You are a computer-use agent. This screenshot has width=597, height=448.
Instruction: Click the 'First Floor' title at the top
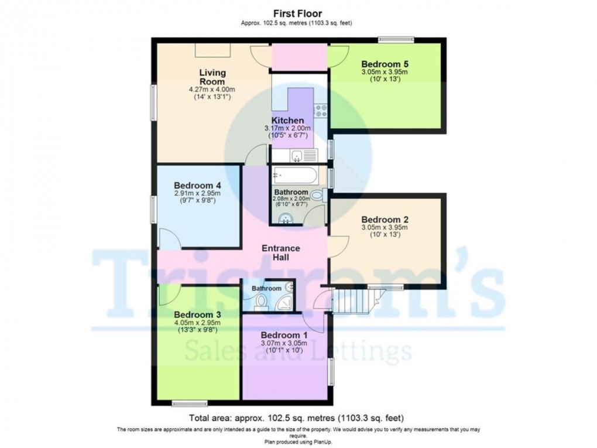298,13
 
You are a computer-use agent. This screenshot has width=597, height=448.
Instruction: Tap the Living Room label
212,77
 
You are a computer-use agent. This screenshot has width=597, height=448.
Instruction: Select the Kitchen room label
291,120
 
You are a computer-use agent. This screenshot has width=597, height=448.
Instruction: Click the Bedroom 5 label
385,64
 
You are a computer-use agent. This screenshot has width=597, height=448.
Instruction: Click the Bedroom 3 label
197,313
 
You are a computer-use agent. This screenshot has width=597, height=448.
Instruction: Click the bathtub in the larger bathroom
295,175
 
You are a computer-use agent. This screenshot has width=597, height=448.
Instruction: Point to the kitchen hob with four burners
320,109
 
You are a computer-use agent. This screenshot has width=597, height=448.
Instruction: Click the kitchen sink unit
303,156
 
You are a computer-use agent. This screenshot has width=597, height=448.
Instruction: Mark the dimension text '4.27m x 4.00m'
212,90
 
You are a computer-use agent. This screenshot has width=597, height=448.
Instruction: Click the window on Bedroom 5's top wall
396,40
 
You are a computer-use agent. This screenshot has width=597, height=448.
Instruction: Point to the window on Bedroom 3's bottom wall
190,403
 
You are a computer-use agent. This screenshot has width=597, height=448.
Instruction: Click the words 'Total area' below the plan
210,418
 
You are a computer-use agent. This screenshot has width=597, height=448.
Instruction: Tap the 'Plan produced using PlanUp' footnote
298,442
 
